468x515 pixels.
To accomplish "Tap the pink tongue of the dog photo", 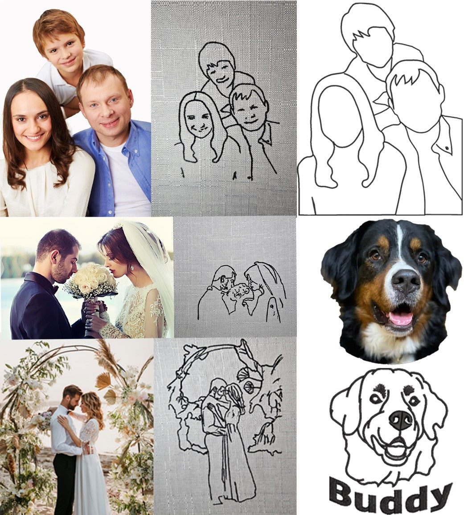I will [x=400, y=318].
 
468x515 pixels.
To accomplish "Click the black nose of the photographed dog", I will [x=406, y=282].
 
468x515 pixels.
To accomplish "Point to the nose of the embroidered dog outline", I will [x=401, y=419].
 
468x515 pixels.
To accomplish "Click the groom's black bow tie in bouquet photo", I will [x=54, y=289].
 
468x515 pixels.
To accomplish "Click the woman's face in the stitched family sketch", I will [x=198, y=119].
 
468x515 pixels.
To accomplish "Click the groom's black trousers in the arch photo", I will [x=66, y=481].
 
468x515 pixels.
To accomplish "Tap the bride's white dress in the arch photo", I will [x=91, y=472].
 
